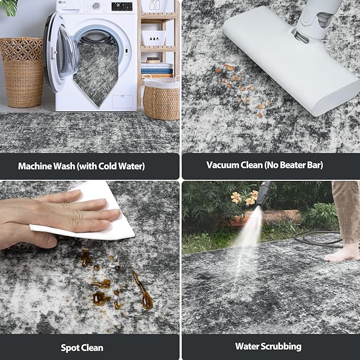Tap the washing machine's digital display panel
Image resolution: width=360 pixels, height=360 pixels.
point(122,6)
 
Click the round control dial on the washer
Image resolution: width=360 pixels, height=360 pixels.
point(96,6)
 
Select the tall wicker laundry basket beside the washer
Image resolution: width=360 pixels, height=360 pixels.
point(22,73)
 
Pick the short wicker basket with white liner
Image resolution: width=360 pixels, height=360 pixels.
point(161,99)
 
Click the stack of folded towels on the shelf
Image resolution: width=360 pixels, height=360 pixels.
point(157,68)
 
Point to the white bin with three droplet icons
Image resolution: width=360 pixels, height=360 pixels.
point(154,38)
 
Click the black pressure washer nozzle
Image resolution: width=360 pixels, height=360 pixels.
point(263,194)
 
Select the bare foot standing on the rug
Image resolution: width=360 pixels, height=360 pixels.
point(341,253)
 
